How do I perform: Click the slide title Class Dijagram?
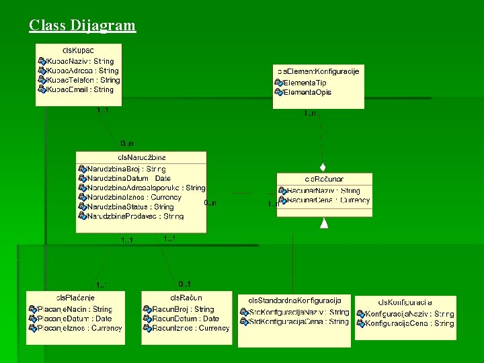(82, 26)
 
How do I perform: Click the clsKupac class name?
(78, 50)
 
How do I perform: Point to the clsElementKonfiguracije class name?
(318, 71)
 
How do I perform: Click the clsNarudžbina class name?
(141, 157)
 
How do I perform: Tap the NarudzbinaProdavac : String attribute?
(135, 216)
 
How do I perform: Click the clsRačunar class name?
(324, 179)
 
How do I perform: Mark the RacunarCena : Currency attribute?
(328, 200)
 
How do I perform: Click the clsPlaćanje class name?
(75, 298)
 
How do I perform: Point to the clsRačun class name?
(186, 298)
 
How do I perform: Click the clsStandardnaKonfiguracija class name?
(294, 300)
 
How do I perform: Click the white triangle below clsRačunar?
(324, 223)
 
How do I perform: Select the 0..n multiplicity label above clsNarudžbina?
(127, 143)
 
